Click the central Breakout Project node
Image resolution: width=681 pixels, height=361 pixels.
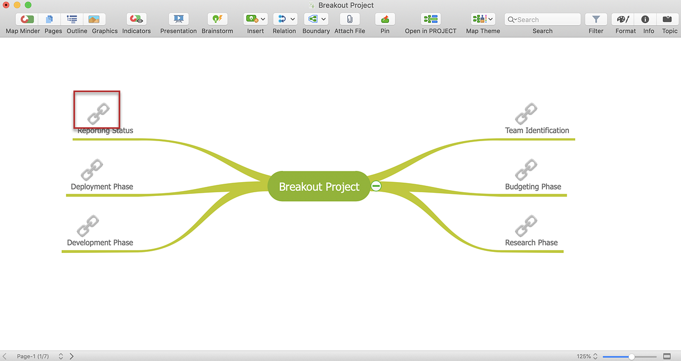click(x=319, y=186)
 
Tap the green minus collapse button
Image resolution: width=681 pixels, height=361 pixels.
click(x=376, y=186)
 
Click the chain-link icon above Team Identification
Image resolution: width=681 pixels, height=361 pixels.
click(x=526, y=113)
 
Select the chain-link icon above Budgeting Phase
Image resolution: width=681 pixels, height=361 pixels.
click(x=526, y=169)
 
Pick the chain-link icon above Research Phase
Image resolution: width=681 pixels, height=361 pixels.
click(x=526, y=226)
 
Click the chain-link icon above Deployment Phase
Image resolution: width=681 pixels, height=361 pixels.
click(x=92, y=169)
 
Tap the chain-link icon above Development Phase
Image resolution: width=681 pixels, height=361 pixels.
click(x=88, y=226)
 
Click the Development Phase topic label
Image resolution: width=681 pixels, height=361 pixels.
click(x=100, y=243)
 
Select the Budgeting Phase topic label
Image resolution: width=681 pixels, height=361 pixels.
click(x=533, y=186)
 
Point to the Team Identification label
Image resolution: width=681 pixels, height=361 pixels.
click(x=537, y=130)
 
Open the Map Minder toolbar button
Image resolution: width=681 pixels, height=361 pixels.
click(x=27, y=20)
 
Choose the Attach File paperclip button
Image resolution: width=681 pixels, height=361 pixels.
click(x=350, y=20)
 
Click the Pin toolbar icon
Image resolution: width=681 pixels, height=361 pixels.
click(x=385, y=20)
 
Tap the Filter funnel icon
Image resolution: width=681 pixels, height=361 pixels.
click(x=596, y=20)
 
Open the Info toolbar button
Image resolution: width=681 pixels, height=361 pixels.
click(x=645, y=20)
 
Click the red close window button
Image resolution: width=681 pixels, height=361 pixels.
click(x=6, y=5)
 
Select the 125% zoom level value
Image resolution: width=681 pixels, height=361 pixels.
click(x=584, y=356)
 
